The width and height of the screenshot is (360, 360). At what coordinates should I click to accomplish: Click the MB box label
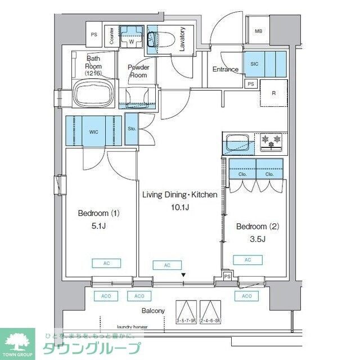[259, 32]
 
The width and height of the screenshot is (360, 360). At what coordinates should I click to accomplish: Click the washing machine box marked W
[131, 39]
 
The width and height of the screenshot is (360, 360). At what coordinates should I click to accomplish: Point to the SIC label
[254, 64]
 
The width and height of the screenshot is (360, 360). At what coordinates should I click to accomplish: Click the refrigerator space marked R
[273, 93]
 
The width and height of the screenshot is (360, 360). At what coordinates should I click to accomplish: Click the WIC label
[93, 132]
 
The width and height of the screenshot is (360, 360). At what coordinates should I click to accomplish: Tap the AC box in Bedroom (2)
[248, 259]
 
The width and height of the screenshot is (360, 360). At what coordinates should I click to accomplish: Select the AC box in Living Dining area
[167, 265]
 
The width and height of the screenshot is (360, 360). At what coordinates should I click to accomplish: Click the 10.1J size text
[179, 207]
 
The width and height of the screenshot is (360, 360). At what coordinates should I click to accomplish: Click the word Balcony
[152, 310]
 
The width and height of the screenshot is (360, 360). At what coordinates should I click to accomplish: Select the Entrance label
[225, 69]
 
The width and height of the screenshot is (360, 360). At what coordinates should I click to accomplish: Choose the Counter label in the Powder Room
[112, 36]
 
